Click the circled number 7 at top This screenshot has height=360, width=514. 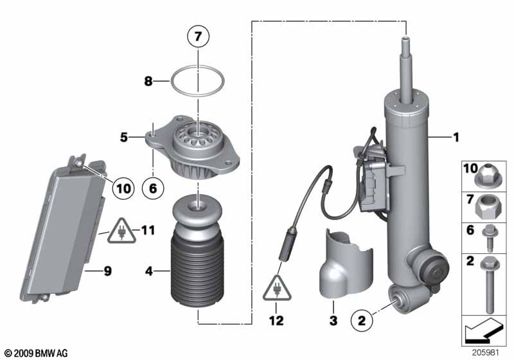coord(199,37)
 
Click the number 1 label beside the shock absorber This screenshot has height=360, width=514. coord(456,137)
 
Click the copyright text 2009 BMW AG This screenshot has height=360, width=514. coord(36,353)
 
